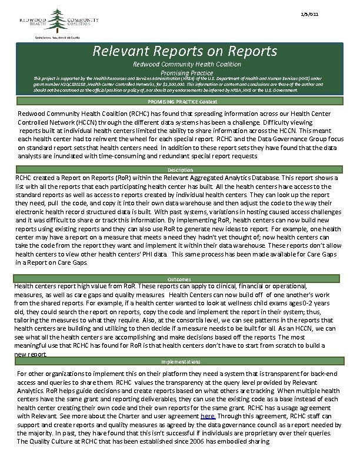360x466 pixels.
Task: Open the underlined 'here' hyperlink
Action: click(208, 415)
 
